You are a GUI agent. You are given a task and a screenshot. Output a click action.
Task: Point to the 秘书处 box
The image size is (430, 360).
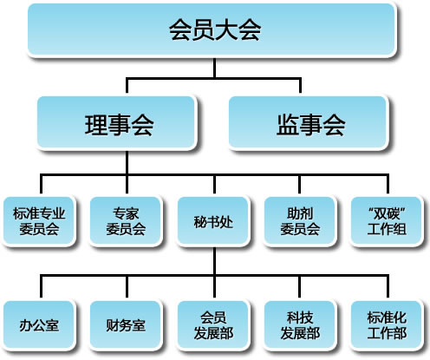[x=215, y=220]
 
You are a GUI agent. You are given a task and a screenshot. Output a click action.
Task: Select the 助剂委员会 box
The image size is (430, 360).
[x=301, y=220]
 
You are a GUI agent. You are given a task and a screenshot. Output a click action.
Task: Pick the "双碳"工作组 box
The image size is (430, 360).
[x=388, y=220]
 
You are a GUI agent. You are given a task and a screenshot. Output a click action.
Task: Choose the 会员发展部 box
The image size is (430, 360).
[x=215, y=324]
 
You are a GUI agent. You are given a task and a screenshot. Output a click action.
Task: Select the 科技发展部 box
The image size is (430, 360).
[x=301, y=324]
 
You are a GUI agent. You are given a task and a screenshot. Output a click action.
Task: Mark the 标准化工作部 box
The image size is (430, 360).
[x=388, y=324]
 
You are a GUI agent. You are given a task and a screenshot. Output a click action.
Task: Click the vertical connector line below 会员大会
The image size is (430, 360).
[x=214, y=68]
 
